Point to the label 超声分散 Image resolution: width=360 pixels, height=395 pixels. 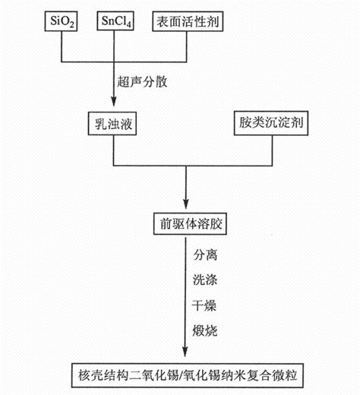click(139, 78)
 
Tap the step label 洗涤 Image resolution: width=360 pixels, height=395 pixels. click(204, 280)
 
